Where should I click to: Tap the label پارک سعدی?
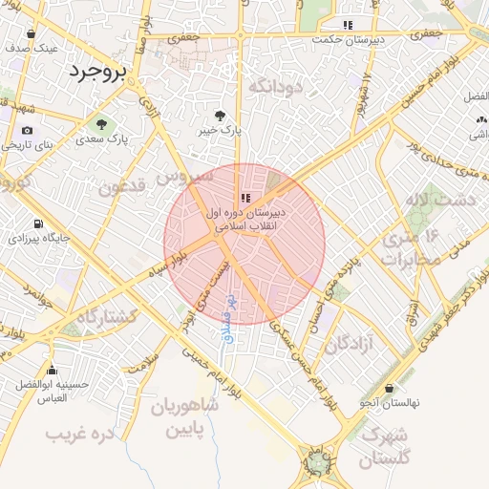(x=131, y=139)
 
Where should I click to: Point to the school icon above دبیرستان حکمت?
(x=348, y=25)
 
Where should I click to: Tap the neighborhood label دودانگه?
(x=276, y=87)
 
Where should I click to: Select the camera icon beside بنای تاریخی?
(x=27, y=130)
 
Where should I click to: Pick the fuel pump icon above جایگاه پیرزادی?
(x=37, y=223)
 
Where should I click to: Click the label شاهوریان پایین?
(x=184, y=418)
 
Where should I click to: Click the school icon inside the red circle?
(x=244, y=198)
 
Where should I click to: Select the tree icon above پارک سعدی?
(x=100, y=123)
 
